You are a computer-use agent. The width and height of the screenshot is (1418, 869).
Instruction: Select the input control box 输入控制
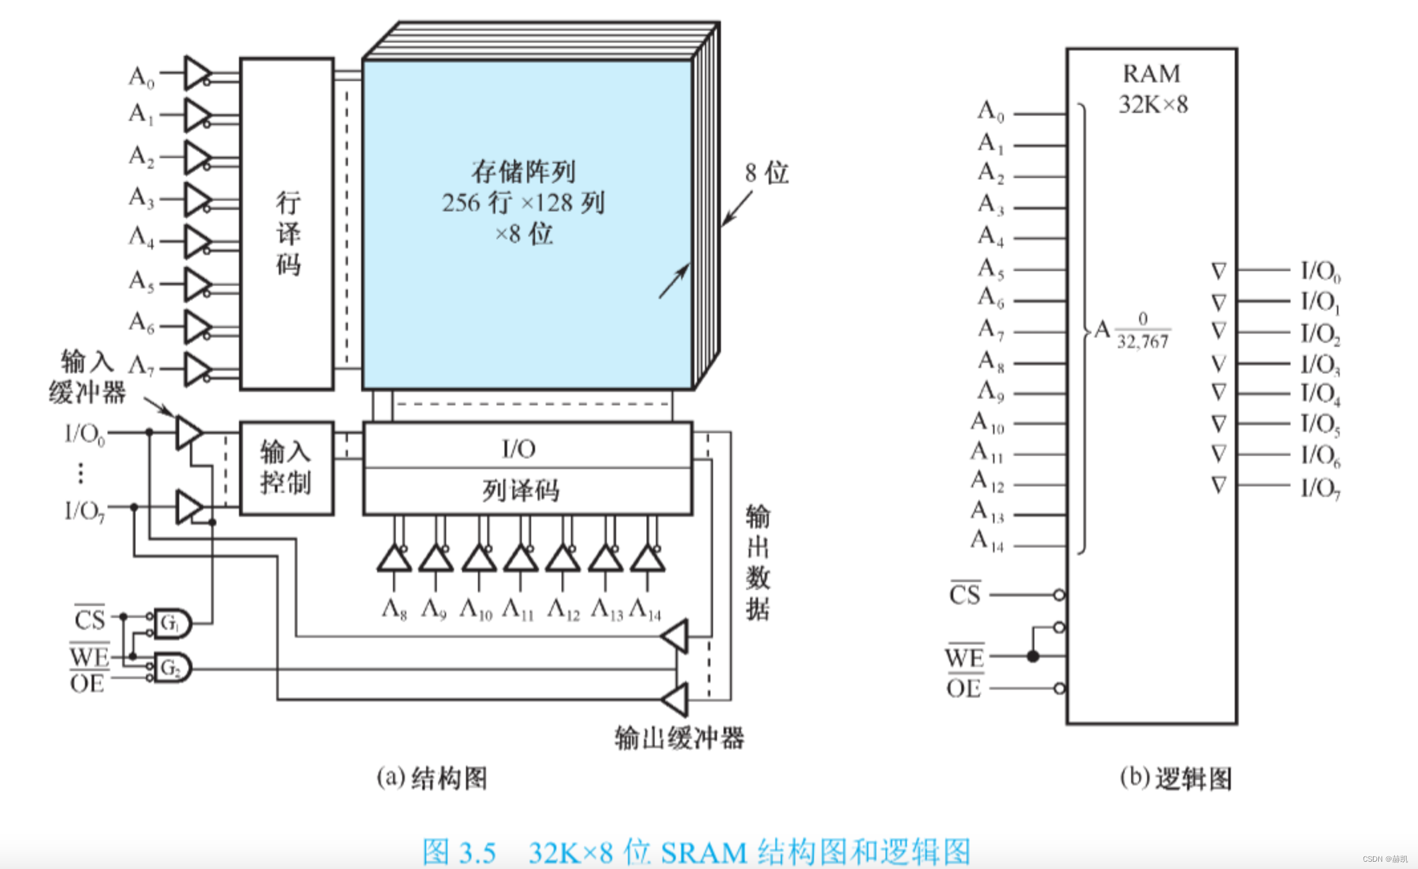pos(286,468)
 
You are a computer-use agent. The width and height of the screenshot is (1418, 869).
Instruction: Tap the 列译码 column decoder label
pos(521,491)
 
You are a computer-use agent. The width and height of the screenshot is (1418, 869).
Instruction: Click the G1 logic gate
pos(172,623)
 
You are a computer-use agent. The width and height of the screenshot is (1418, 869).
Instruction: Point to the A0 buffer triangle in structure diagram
pos(197,72)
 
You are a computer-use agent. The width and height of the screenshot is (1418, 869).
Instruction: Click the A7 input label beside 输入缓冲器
pos(141,365)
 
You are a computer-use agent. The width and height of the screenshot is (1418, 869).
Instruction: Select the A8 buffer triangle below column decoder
pos(394,559)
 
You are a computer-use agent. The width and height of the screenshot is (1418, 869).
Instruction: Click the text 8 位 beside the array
pos(767,173)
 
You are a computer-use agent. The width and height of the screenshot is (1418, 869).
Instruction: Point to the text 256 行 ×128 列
pos(523,203)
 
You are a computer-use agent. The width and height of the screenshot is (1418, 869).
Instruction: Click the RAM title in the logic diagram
pos(1152,74)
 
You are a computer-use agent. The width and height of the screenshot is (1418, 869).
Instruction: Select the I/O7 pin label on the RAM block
pos(1320,488)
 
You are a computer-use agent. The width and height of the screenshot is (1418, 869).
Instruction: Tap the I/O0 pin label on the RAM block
pos(1320,271)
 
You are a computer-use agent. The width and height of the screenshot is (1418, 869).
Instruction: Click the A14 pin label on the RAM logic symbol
pos(988,541)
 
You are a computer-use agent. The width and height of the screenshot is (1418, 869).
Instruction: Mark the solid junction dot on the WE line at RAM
pos(1033,656)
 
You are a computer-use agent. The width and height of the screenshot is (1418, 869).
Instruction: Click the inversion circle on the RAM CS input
pos(1060,595)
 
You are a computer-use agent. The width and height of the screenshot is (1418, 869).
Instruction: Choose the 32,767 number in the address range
pos(1142,342)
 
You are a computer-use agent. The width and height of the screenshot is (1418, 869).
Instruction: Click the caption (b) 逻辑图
pos(1176,778)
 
